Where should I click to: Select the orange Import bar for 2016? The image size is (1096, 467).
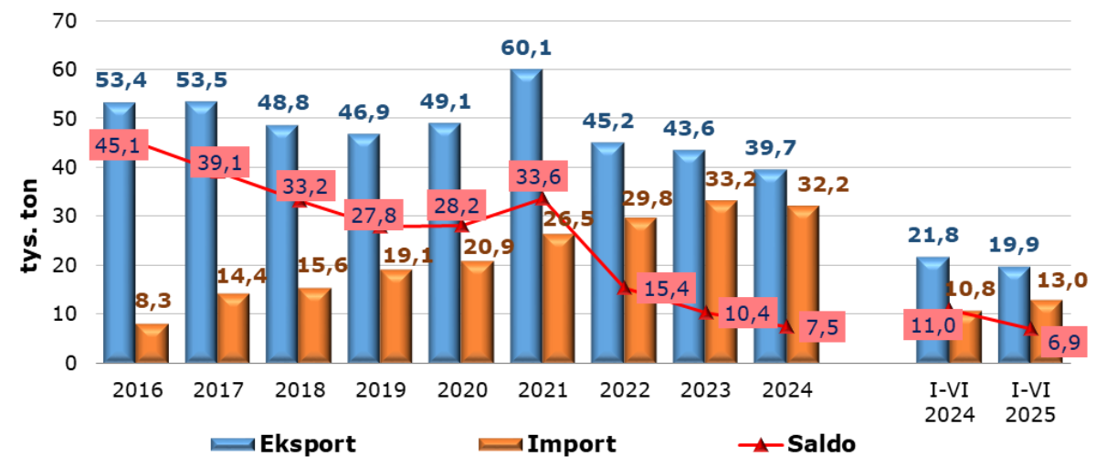click(152, 344)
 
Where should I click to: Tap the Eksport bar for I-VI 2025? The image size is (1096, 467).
click(1014, 315)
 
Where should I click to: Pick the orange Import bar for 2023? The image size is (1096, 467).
click(721, 283)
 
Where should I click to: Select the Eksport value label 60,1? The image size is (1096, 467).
click(526, 47)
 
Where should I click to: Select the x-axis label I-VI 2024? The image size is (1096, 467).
click(950, 402)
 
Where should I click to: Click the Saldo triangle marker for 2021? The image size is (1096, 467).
click(542, 198)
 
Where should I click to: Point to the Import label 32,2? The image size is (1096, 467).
click(824, 185)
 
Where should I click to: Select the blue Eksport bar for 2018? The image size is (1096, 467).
click(281, 245)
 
